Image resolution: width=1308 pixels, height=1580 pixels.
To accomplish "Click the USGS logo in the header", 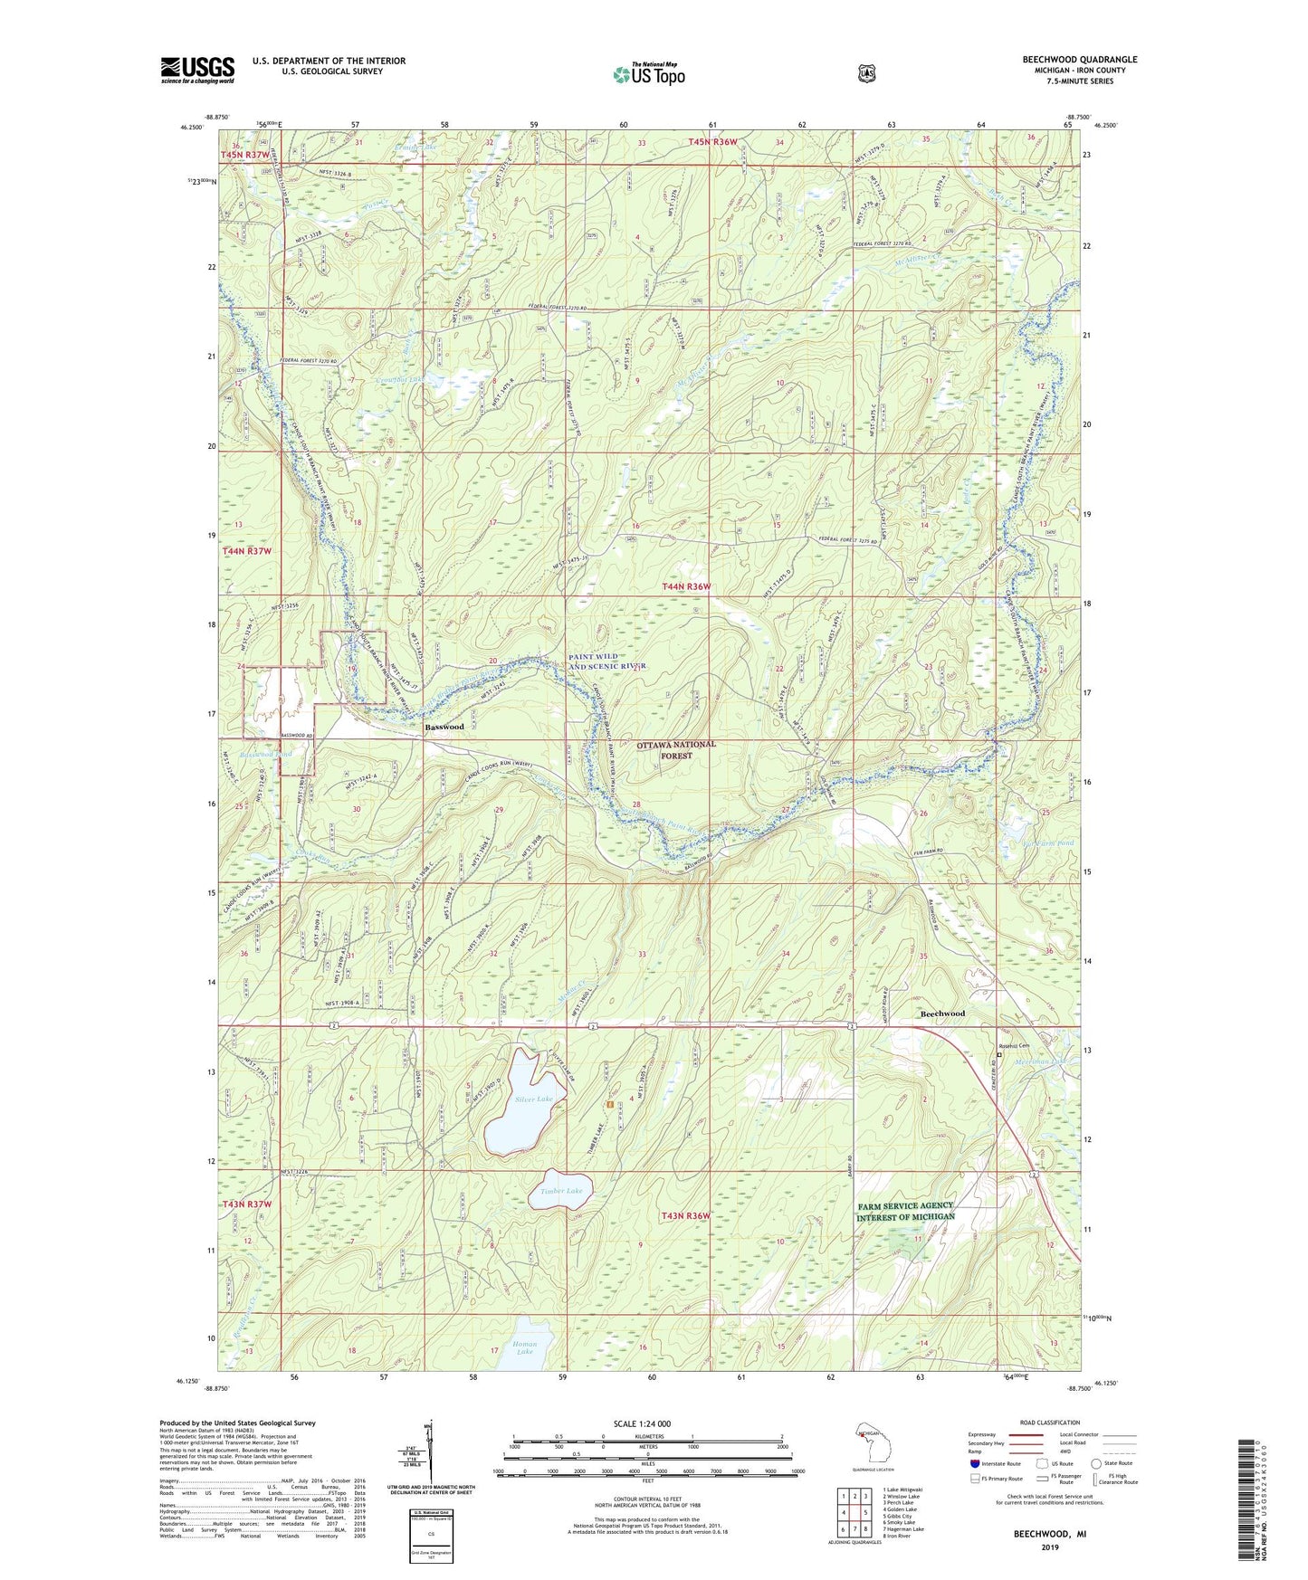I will coord(197,70).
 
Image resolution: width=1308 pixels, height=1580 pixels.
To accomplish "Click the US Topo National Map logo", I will coord(648,73).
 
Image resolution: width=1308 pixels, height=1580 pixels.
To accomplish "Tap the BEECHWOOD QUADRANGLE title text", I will coord(1079,60).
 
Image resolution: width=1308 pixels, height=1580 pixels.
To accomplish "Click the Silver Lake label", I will coord(533,1099).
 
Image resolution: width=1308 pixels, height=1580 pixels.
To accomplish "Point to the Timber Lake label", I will coord(561,1191).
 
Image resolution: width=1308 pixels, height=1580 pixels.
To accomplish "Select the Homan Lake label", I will coord(525,1347).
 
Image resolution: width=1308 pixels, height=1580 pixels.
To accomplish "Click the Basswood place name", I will coord(444,727).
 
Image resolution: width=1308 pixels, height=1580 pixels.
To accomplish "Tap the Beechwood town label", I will coord(942,1014).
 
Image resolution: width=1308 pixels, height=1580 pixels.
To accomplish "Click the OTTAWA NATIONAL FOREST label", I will coord(675,749).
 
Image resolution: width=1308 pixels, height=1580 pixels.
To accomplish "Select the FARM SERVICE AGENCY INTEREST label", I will coord(905,1211).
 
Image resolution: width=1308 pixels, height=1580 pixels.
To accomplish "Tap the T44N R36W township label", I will coord(686,586).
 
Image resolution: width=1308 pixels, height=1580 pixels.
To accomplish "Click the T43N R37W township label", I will coord(247,1204).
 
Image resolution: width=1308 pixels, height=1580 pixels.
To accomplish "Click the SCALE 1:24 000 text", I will coord(642,1423).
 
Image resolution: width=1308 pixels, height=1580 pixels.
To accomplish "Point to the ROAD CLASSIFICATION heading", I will coord(1049,1423).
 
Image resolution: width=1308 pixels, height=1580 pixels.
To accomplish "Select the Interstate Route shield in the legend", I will coord(974,1463).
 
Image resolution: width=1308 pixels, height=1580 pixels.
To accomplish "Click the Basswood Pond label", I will coord(266,754).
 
